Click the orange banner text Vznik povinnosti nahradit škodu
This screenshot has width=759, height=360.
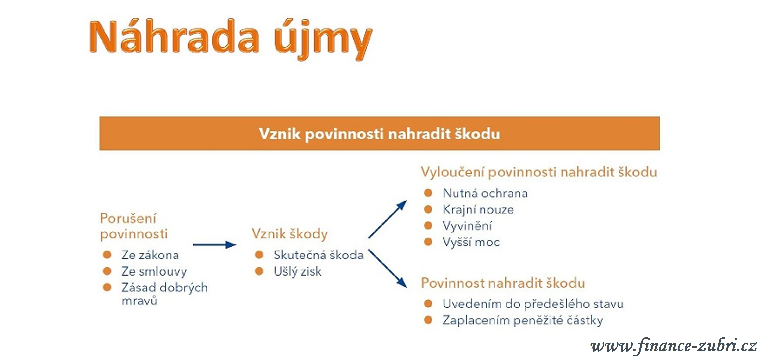(380, 134)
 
